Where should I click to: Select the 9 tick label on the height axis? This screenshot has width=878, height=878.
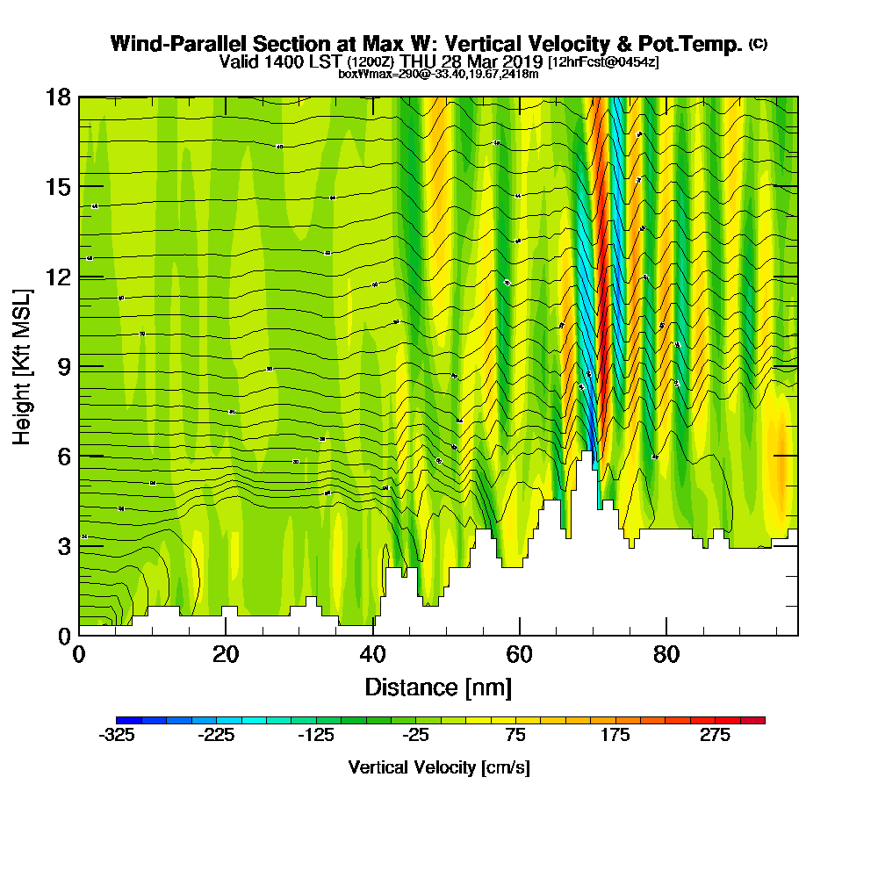[x=62, y=366]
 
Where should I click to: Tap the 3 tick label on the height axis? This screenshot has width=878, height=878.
[x=62, y=545]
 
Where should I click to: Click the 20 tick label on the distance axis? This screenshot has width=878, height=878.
[x=226, y=655]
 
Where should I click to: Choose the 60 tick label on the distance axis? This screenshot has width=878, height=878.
[x=520, y=655]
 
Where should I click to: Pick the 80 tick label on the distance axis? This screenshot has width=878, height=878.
[x=666, y=655]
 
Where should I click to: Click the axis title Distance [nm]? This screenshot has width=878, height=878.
[x=438, y=687]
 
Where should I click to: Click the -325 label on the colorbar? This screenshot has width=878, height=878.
[x=117, y=736]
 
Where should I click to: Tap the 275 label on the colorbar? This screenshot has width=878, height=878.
[x=715, y=736]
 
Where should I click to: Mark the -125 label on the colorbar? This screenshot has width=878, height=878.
[x=316, y=736]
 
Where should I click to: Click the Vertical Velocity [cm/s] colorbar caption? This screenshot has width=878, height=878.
[x=439, y=767]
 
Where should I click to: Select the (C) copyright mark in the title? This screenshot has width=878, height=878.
[x=758, y=43]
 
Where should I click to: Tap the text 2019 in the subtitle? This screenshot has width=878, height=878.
[x=524, y=61]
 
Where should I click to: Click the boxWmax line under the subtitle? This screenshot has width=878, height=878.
[x=438, y=74]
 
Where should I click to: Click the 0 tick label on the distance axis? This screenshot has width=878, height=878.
[x=79, y=655]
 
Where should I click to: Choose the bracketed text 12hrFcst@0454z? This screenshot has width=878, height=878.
[x=603, y=62]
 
